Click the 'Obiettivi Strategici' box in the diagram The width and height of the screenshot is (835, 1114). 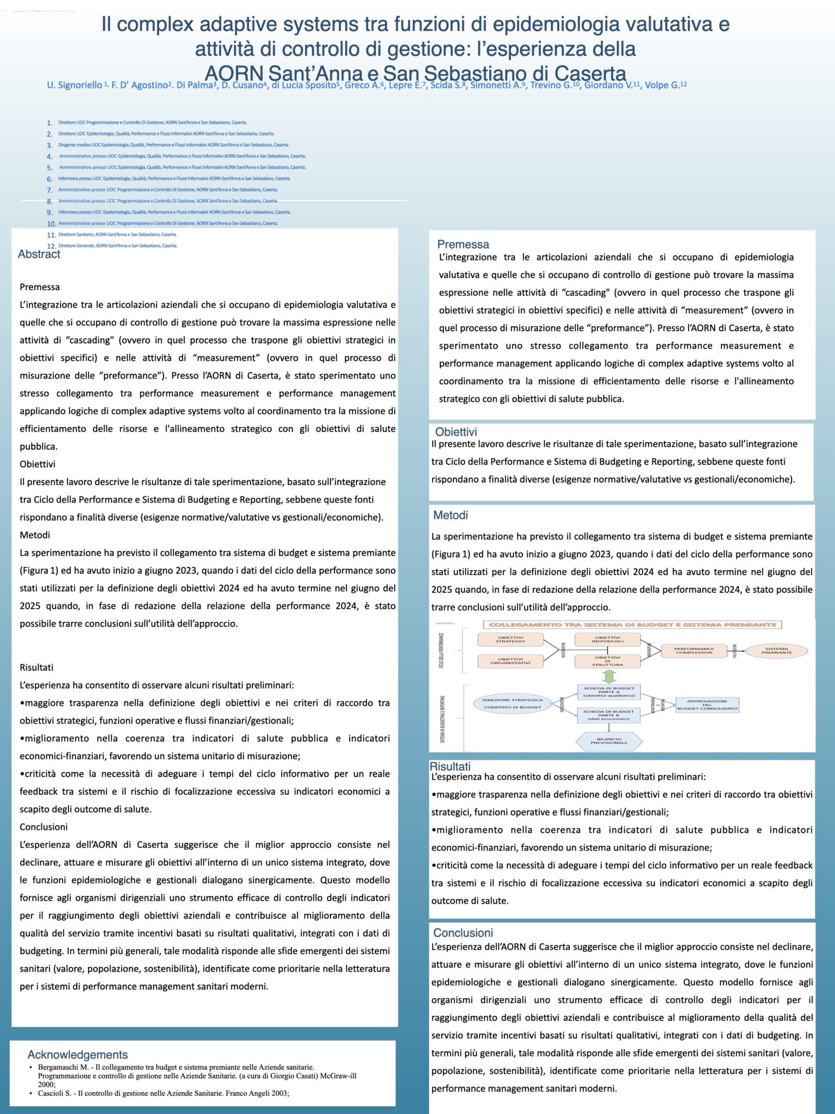(x=510, y=639)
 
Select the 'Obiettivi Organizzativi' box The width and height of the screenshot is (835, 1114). (x=510, y=661)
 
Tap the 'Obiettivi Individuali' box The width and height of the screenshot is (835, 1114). (x=607, y=639)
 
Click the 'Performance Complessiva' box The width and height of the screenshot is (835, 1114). (x=694, y=651)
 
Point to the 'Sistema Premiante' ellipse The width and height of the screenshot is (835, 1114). (x=776, y=651)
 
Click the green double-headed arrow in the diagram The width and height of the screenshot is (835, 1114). (x=609, y=676)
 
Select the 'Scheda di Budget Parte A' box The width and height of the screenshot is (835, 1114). (x=608, y=692)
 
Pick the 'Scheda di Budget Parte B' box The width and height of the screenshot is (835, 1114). (x=608, y=715)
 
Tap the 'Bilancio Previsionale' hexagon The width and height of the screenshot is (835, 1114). (x=609, y=741)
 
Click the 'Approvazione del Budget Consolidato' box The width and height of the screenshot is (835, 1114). (x=707, y=705)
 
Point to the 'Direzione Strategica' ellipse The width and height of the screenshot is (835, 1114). (x=512, y=700)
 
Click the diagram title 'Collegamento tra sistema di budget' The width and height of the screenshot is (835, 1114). (x=632, y=625)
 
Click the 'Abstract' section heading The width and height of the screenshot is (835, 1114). (x=39, y=254)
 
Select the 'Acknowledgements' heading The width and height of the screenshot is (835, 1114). (x=78, y=1055)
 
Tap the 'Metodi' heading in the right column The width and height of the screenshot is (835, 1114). (x=451, y=515)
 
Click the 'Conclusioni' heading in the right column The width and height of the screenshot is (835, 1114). (x=463, y=933)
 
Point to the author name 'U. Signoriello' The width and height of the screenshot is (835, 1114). (x=74, y=85)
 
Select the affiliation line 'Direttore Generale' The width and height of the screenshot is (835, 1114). (x=117, y=246)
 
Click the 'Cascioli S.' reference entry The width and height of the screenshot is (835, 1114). (x=163, y=1093)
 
